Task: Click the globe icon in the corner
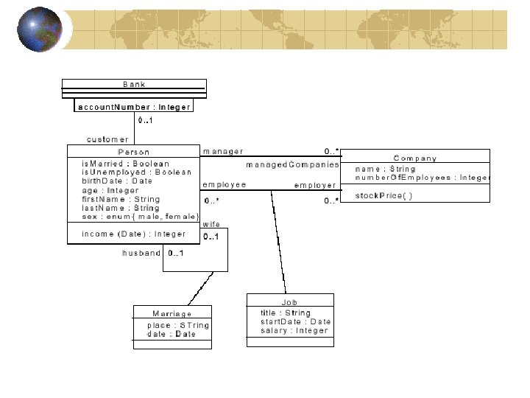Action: tap(39, 29)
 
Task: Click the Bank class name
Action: tap(134, 85)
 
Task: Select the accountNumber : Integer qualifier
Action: tap(135, 107)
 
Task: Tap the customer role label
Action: tap(107, 139)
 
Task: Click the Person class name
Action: tap(133, 152)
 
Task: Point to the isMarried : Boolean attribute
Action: tap(125, 164)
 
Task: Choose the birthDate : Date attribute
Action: tap(117, 181)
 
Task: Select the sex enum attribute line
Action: tap(141, 217)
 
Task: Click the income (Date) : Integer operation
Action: tap(134, 234)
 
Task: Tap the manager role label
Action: tap(222, 152)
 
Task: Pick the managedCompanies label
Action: tap(292, 164)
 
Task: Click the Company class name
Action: tap(415, 158)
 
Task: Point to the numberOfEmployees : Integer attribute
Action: tap(422, 178)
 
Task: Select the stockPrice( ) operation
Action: tap(384, 195)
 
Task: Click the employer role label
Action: tap(315, 185)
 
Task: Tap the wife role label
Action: tap(211, 224)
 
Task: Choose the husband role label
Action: tap(141, 253)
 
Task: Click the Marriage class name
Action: tap(172, 313)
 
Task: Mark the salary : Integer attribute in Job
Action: tap(294, 331)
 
